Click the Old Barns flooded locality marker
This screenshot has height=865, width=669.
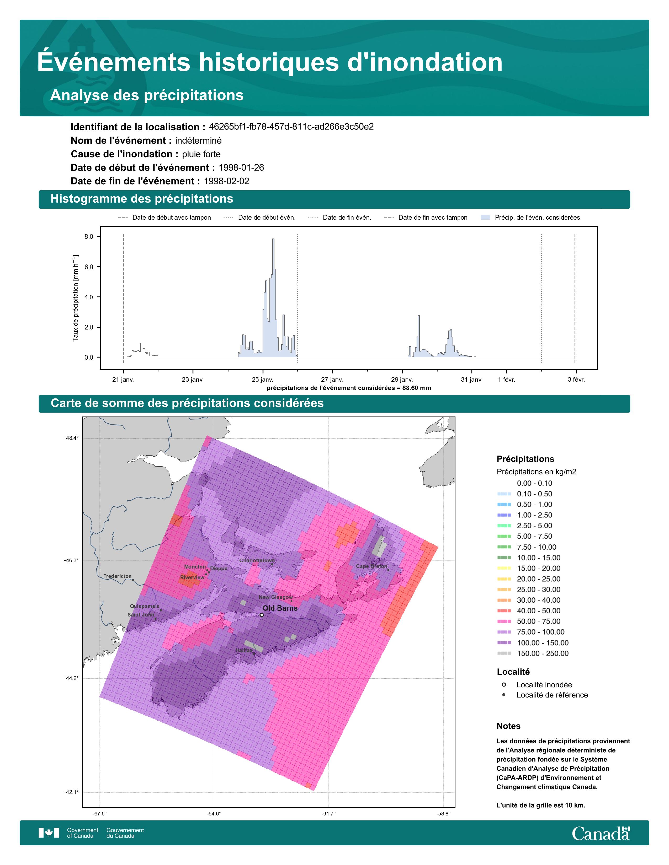(x=262, y=615)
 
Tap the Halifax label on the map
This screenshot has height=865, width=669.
(x=244, y=650)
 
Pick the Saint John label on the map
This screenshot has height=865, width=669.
(x=141, y=615)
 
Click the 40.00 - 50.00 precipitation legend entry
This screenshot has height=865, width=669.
(x=529, y=611)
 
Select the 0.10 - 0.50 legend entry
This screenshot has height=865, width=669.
(x=524, y=494)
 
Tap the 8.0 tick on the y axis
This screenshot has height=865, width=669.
(x=89, y=236)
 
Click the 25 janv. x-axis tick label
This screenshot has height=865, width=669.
(x=262, y=380)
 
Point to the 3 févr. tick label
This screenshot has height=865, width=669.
(x=576, y=380)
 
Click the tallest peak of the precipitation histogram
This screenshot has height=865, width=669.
(x=273, y=239)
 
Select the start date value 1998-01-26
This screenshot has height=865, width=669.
(x=241, y=167)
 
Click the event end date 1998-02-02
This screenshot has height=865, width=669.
(x=226, y=181)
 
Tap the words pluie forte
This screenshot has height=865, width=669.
(x=201, y=154)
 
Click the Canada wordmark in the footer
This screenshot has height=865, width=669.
(x=601, y=833)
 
